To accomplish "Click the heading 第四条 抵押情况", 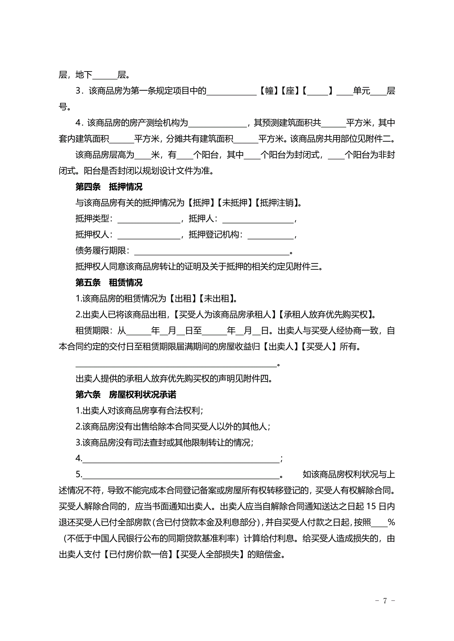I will coord(109,187).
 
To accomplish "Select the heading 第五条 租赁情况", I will coord(109,283).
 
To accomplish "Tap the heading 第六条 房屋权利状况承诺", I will coord(126,395).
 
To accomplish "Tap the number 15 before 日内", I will coord(371,506).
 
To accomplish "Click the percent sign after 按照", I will coord(391,522).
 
